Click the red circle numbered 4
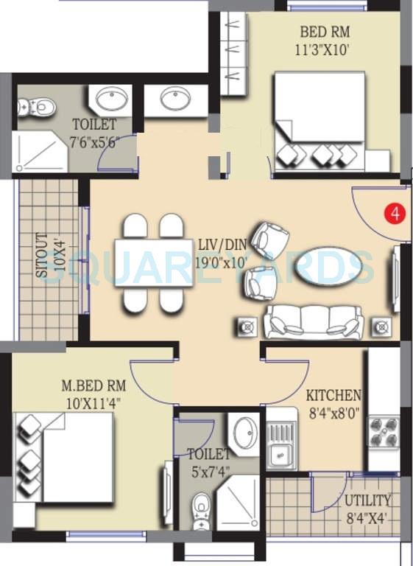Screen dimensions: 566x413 pos(396,214)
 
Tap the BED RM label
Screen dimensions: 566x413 pos(325,32)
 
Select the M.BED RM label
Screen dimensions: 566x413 pos(93,385)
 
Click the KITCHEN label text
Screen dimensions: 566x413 pos(333,396)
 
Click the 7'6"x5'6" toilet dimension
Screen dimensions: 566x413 pos(93,141)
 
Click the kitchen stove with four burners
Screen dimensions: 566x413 pos(383,434)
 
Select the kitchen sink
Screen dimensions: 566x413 pos(280,447)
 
